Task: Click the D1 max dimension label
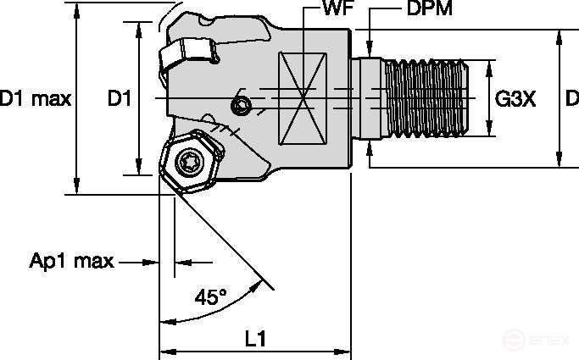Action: [x=36, y=99]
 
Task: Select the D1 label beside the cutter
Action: [x=119, y=99]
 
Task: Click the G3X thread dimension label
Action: [x=515, y=99]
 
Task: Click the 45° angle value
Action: [x=211, y=297]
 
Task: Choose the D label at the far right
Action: [x=571, y=99]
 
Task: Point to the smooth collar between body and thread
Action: [x=370, y=99]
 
